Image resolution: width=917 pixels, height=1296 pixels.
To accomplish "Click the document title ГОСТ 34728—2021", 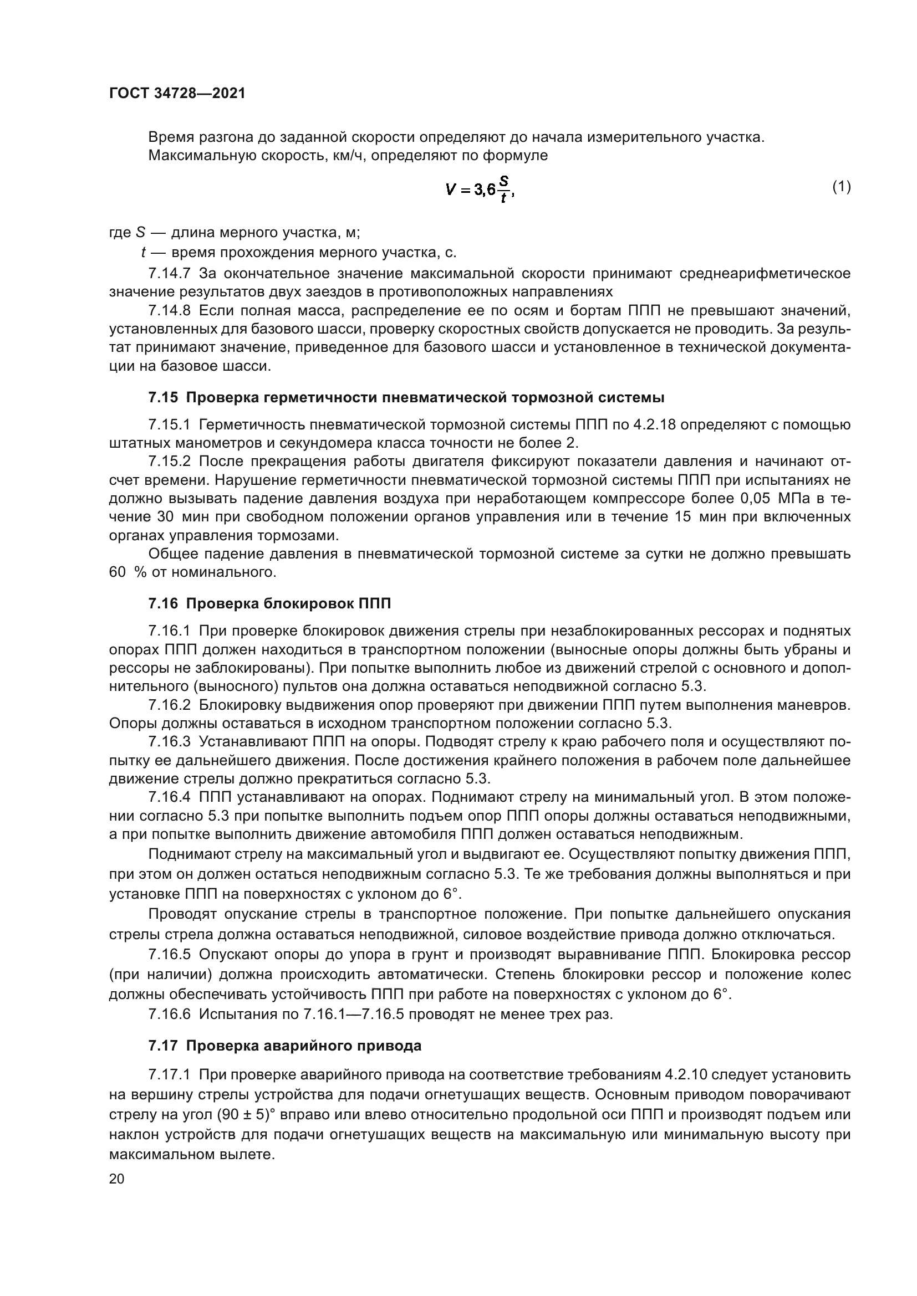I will pos(177,94).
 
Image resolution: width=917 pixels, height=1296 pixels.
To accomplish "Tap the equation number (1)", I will pos(842,186).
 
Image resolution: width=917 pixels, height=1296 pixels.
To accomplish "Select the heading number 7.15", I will pos(163,397).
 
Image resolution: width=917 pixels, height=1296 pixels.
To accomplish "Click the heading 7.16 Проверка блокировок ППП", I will pos(270,603).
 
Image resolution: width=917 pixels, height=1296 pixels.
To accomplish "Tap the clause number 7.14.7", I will pos(170,274).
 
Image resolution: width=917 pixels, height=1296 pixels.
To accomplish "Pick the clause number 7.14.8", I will pos(170,310).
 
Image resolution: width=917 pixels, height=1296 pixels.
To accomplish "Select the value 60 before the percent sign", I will pos(118,572).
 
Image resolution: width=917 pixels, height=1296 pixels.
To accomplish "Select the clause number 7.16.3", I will pos(170,742).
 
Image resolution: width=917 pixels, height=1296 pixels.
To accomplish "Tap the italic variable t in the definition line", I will pos(144,252).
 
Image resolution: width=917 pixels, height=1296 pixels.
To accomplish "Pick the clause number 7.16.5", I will pos(170,955).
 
